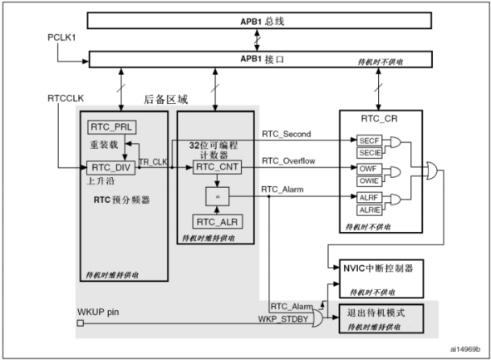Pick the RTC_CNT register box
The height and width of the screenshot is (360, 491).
point(217,167)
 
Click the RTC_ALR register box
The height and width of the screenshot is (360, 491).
point(217,221)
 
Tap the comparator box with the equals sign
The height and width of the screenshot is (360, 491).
point(216,195)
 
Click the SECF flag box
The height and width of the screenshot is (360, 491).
point(370,141)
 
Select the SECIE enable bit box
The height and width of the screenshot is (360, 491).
point(370,154)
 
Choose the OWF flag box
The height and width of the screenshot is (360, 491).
point(370,170)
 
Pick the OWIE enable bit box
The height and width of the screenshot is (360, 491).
point(370,181)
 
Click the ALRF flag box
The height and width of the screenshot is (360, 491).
point(370,198)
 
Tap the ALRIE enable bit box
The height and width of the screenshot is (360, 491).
point(370,210)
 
